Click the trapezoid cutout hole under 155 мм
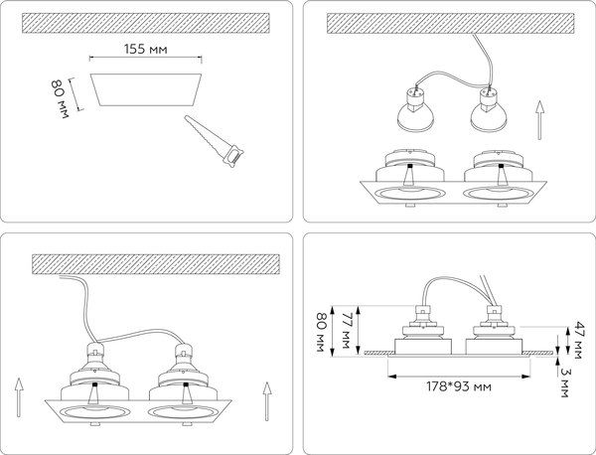tap(147, 89)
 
